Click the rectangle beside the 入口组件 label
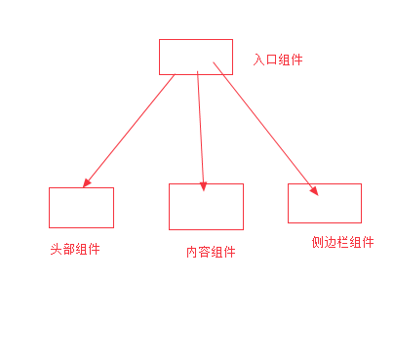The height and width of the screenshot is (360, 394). (195, 57)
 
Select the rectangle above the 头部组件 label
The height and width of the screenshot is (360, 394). (81, 207)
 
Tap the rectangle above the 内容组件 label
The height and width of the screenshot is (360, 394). (205, 206)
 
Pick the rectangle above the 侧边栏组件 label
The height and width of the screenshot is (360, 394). (324, 203)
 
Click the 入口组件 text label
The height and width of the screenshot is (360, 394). (278, 60)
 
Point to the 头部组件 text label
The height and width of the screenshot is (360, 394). (75, 249)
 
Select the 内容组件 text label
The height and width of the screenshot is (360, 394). (211, 252)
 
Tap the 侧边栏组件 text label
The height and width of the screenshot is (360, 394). (336, 243)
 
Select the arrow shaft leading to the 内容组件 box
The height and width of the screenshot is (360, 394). (200, 127)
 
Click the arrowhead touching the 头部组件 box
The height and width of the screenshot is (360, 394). (88, 182)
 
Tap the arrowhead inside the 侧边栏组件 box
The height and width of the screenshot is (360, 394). (314, 191)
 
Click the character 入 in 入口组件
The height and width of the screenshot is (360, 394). (259, 60)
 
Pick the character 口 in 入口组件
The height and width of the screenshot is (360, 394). (272, 60)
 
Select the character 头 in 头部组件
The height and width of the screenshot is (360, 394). (56, 249)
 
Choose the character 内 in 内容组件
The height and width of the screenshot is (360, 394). (192, 252)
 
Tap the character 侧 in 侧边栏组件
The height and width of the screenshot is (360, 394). (305, 243)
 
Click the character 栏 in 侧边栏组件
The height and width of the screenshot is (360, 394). (331, 243)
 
